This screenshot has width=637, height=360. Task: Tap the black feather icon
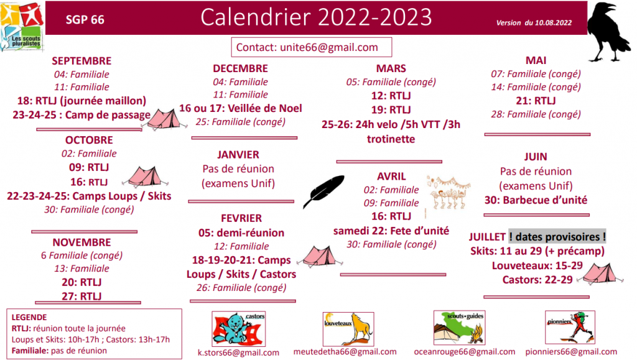point(323,192)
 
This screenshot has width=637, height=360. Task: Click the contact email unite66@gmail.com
point(329,47)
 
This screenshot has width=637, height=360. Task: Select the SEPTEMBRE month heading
point(81,61)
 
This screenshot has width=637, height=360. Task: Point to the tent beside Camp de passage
point(164,119)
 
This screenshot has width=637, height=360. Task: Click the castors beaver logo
point(238,329)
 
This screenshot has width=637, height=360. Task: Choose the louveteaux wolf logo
point(348,329)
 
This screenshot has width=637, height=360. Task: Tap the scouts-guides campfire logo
point(460,328)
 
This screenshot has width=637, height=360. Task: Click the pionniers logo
point(570,328)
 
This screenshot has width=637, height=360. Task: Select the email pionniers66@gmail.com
point(571,352)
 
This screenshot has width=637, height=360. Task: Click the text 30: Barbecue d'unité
point(536,200)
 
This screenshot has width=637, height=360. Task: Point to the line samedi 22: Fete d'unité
point(391,231)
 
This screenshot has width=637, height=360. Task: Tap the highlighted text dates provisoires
point(557,237)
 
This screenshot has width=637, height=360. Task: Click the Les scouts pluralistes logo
point(22,26)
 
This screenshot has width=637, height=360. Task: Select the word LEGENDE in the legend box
point(29,317)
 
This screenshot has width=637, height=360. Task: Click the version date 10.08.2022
point(553,23)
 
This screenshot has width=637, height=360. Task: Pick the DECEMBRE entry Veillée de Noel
point(265,108)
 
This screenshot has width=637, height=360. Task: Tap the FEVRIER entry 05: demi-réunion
point(241,233)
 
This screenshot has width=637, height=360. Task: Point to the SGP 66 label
point(85,19)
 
